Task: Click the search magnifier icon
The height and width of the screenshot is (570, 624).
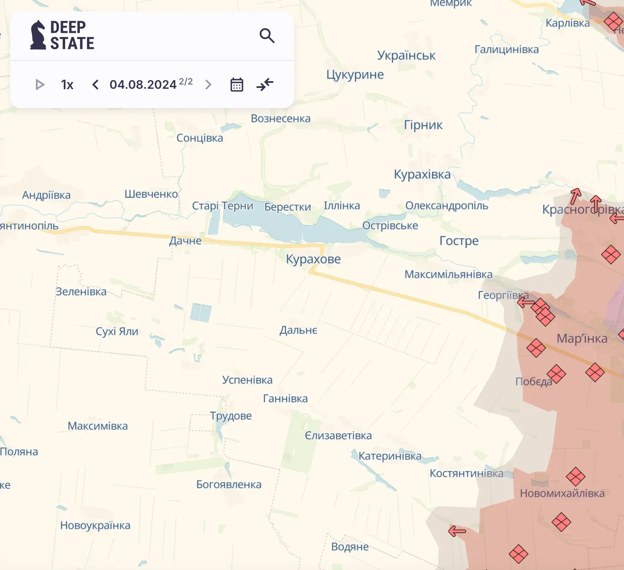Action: click(x=267, y=36)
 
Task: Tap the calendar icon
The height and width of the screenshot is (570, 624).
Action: click(x=237, y=85)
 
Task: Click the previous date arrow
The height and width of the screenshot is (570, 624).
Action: click(x=95, y=85)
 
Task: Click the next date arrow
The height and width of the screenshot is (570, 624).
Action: click(x=208, y=85)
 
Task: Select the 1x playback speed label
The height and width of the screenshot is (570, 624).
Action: click(x=67, y=85)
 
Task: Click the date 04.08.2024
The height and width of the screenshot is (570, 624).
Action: click(x=143, y=85)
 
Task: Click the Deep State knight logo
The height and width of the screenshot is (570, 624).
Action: click(x=38, y=35)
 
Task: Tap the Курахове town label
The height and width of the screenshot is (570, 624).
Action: click(x=313, y=259)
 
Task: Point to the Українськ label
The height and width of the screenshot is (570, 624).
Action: click(x=406, y=56)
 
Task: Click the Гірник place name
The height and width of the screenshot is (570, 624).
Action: click(x=423, y=125)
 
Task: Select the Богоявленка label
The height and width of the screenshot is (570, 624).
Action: click(x=229, y=485)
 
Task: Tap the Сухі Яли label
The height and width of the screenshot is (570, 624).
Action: click(x=117, y=331)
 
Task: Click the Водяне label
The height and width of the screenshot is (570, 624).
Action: click(x=350, y=547)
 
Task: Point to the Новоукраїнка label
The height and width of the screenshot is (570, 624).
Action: click(x=95, y=525)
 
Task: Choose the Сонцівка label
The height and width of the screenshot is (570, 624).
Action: click(x=200, y=138)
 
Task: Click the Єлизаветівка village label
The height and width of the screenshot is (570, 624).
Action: click(x=338, y=435)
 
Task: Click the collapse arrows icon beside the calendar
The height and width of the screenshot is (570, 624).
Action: click(x=265, y=85)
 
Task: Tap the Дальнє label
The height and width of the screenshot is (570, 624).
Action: click(x=298, y=330)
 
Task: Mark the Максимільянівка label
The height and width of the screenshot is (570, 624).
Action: click(x=448, y=275)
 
